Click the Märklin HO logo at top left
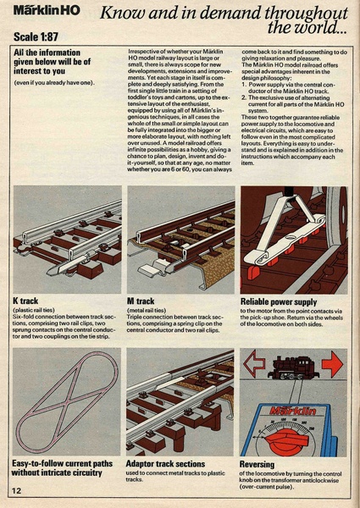click(x=48, y=14)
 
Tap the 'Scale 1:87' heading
click(x=42, y=38)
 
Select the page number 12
click(x=17, y=490)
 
